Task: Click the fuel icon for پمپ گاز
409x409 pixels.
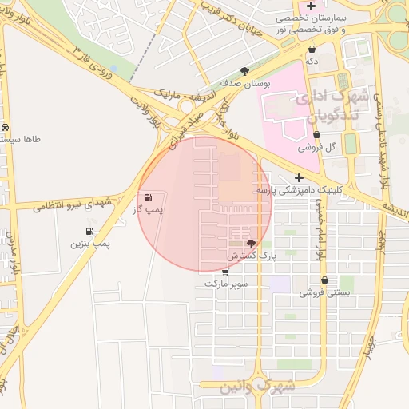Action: coord(148,197)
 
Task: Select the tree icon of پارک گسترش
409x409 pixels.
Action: coord(251,244)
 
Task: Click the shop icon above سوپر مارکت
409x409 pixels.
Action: coord(225,272)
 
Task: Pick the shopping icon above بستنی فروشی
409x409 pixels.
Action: coord(325,280)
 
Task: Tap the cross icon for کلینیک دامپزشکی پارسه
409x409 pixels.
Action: coord(299,178)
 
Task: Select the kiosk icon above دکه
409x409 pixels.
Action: coord(312,49)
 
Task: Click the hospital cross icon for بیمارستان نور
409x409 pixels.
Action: coord(311,6)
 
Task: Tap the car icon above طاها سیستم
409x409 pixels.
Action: coord(6,127)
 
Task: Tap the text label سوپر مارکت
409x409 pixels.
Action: coord(226,284)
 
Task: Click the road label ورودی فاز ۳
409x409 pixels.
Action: coord(90,56)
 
